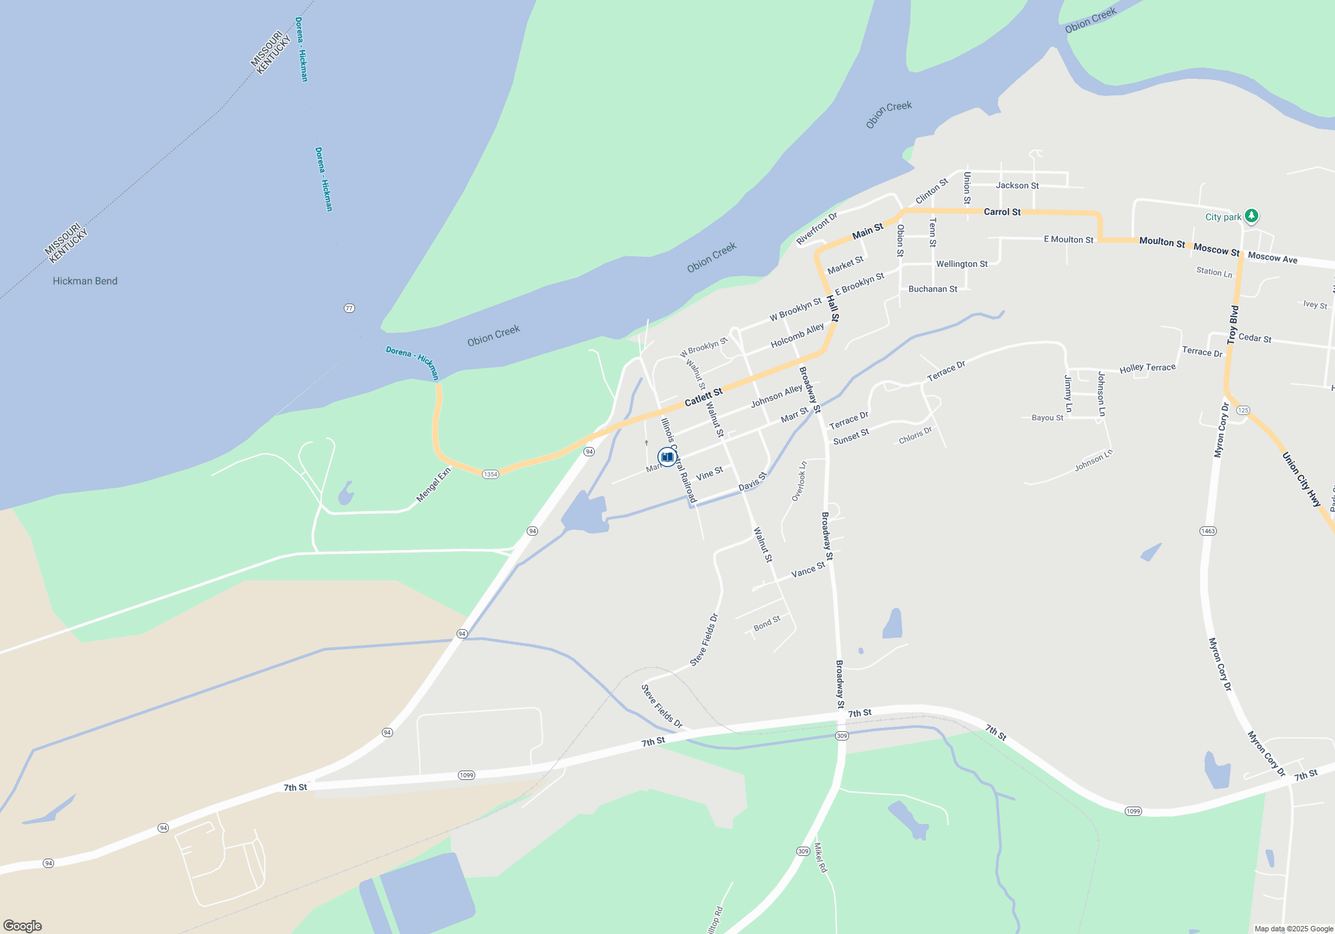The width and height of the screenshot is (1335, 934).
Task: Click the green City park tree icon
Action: point(1252,215)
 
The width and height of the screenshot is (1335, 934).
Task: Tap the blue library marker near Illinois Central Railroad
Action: point(667,457)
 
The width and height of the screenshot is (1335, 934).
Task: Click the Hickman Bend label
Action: point(85,281)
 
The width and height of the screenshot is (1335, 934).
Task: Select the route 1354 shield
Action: point(491,474)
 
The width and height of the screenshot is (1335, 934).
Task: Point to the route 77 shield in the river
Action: point(349,308)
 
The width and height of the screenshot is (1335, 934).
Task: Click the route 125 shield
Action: point(1243,410)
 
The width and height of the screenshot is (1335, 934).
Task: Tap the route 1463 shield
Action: point(1208,531)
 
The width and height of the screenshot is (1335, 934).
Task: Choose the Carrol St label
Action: point(1002,212)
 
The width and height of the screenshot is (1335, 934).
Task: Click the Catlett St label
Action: point(704,397)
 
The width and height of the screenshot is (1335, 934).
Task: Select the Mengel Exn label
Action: point(434,484)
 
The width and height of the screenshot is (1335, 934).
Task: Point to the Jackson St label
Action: point(1017,185)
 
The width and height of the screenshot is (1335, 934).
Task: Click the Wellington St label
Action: point(961,264)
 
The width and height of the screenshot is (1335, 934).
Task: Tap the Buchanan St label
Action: point(932,289)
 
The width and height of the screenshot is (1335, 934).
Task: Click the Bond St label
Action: point(766,624)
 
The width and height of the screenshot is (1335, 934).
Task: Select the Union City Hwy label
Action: point(1301,479)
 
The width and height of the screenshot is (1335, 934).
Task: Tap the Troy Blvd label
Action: point(1233,325)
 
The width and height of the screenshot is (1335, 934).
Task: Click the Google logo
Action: point(23,925)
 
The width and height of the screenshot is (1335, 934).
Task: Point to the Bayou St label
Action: point(1047,418)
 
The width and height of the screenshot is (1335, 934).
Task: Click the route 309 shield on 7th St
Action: point(842,736)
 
